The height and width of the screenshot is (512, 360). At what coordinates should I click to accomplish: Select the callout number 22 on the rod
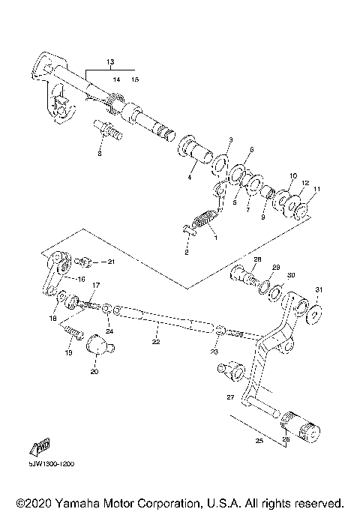[x=156, y=343]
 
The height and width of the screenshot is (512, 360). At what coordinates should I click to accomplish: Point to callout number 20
[x=94, y=371]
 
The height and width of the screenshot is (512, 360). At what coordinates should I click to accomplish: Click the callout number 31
[x=318, y=289]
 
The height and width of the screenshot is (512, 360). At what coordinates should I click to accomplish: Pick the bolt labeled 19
[x=73, y=328]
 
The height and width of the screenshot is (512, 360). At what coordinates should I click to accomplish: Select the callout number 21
[x=110, y=262]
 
